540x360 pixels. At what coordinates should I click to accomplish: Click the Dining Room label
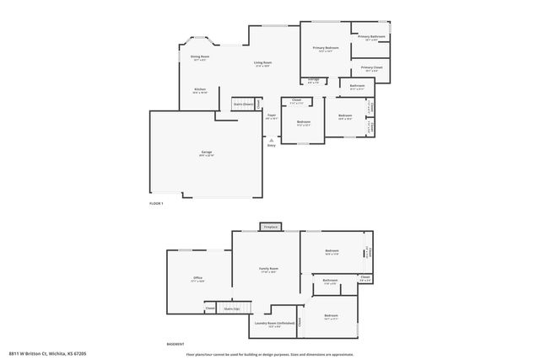coord(200,57)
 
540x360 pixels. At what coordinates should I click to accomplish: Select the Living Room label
coord(262,63)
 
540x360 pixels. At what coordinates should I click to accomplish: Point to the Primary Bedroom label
coord(325,49)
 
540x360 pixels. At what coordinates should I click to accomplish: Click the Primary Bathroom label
coord(371,37)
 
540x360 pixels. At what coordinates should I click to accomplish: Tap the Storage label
coord(313,81)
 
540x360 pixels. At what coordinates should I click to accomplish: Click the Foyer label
coord(271,116)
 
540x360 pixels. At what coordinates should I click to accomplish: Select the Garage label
coord(206,153)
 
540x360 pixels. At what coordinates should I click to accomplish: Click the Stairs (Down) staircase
coord(243,104)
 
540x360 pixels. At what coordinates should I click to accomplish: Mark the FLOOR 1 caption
coord(156,204)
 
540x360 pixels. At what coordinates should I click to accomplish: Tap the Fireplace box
coord(270,227)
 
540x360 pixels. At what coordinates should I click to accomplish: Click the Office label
coord(197,278)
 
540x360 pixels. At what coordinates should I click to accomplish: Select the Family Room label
coord(268,270)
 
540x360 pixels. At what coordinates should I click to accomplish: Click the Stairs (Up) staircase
coord(232,309)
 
